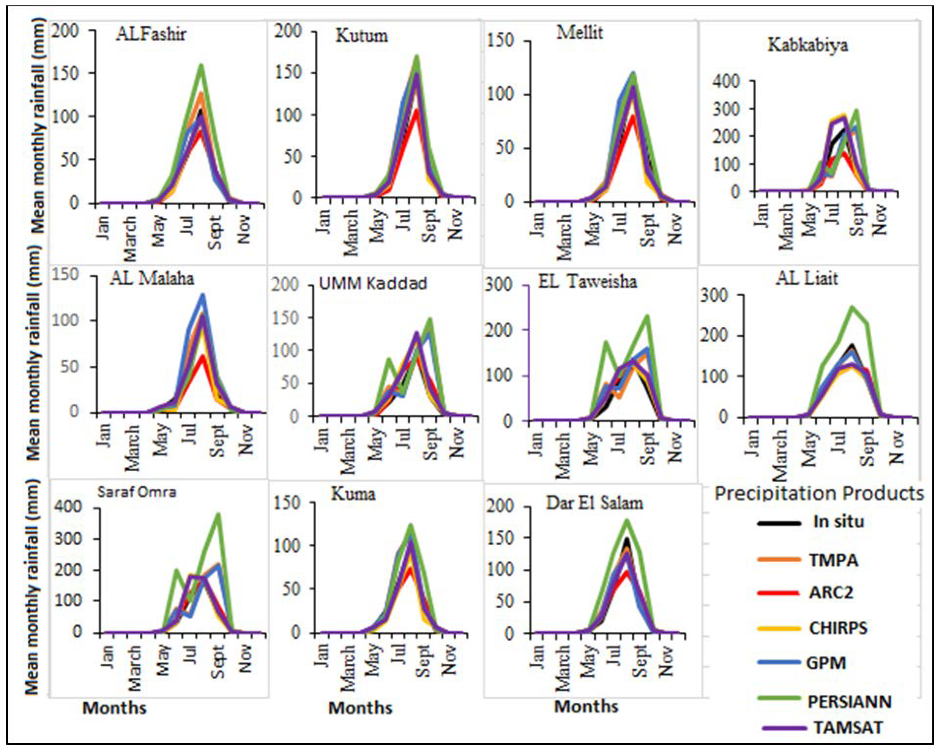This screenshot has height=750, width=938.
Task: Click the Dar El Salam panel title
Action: coord(595,503)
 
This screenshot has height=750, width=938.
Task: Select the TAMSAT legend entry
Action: coord(848,727)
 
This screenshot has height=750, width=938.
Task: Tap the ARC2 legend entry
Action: coord(831,592)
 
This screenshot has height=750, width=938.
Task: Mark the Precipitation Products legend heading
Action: coord(819,493)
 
